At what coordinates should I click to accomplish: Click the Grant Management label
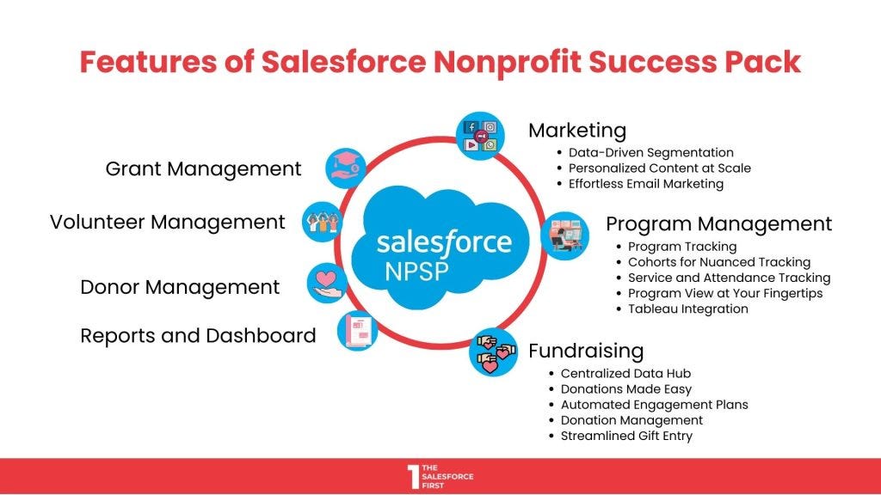click(x=203, y=169)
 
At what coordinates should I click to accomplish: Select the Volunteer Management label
click(x=167, y=222)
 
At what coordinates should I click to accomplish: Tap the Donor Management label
click(x=180, y=287)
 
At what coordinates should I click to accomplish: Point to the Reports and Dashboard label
click(x=198, y=335)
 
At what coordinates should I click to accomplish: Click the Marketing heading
click(x=576, y=131)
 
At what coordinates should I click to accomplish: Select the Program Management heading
click(x=718, y=224)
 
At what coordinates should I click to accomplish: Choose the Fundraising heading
click(x=585, y=351)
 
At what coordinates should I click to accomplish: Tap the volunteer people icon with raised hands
click(x=323, y=222)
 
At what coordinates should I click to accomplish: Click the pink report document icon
click(x=356, y=331)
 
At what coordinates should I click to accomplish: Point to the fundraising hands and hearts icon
click(x=493, y=352)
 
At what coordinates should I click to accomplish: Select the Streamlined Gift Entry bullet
click(x=626, y=436)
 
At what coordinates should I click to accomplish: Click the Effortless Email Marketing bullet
click(x=645, y=183)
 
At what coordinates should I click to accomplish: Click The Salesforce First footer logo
click(x=440, y=476)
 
